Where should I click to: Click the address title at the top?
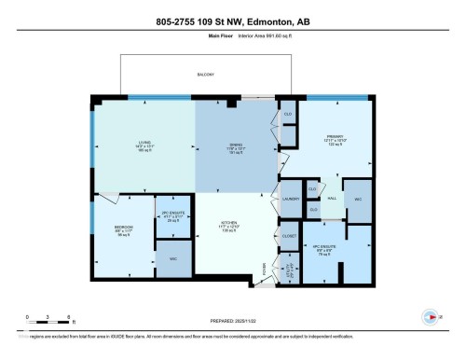(x=232, y=21)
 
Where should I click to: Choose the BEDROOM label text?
(x=123, y=228)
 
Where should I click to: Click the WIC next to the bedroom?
(x=172, y=258)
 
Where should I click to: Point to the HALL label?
(x=332, y=198)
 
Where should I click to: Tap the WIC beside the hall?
(x=358, y=200)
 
